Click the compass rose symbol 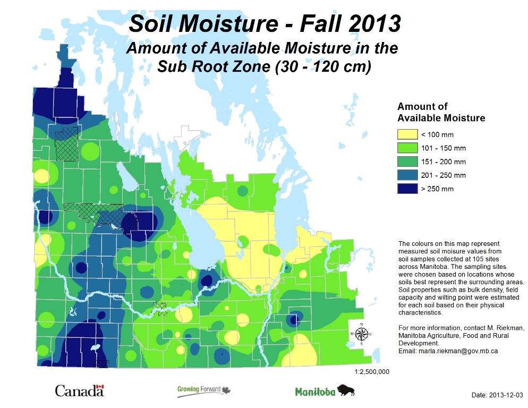click(x=362, y=334)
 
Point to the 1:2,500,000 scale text click(x=372, y=372)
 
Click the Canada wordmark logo click(x=80, y=392)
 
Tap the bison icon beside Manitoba click(x=346, y=390)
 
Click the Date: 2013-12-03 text click(x=498, y=396)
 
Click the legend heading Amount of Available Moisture click(x=441, y=112)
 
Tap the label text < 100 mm click(x=437, y=135)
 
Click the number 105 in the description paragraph click(x=474, y=259)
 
